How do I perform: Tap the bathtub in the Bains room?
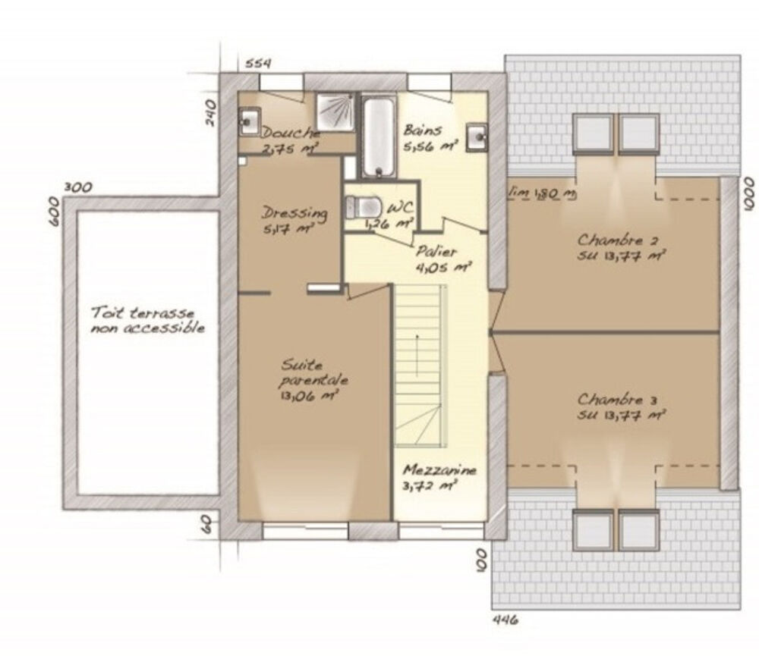(x=377, y=137)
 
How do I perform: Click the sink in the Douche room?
(x=248, y=120)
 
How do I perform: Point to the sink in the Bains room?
(x=477, y=137)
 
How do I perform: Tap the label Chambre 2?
(x=620, y=241)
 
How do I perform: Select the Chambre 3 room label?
(x=620, y=399)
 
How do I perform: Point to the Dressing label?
(x=294, y=213)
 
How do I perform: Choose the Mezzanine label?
(x=440, y=470)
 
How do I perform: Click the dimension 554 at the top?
(x=258, y=63)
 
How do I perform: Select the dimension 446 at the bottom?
(x=505, y=620)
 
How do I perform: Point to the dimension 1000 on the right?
(x=749, y=193)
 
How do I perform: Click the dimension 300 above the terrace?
(x=78, y=187)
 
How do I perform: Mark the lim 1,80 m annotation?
(x=543, y=194)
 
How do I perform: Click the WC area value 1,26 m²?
(x=389, y=223)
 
